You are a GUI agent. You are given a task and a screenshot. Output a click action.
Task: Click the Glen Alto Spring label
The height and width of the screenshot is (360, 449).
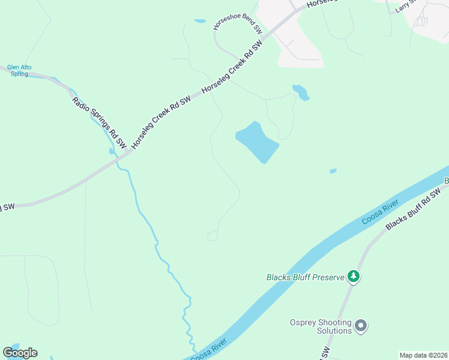tap(18, 71)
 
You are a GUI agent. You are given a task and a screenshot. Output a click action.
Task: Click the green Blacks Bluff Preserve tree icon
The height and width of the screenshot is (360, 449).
tap(354, 276)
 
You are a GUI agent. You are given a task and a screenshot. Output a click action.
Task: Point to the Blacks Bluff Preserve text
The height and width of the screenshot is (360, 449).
tap(306, 277)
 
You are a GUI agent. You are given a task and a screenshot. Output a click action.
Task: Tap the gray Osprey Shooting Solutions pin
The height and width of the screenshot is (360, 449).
tap(361, 326)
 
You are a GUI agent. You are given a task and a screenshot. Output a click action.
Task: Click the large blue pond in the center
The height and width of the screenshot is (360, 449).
tap(257, 142)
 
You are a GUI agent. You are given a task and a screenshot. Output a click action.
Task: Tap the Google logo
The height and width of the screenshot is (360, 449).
tap(20, 353)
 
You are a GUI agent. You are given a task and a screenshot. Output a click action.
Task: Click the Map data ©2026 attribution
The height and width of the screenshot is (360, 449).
tap(423, 355)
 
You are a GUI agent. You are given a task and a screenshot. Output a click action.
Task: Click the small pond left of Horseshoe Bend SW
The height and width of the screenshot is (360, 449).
tap(200, 21)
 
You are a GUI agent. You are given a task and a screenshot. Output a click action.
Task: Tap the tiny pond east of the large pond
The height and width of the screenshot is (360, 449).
tap(333, 171)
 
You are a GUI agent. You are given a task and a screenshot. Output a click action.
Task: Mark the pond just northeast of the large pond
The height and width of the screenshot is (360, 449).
tap(301, 92)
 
